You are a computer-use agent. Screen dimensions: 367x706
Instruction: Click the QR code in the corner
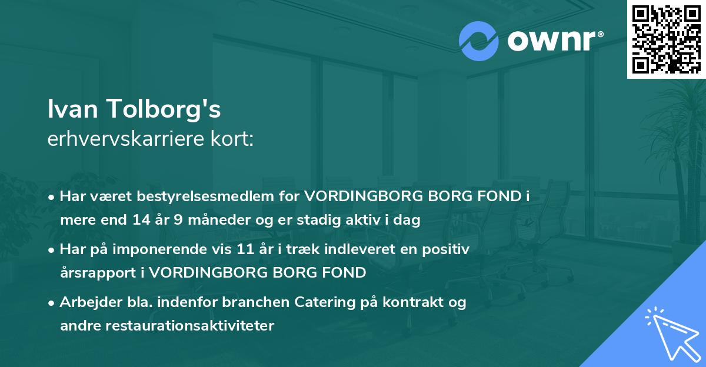(x=667, y=39)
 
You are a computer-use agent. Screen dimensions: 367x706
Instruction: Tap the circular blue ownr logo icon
(x=479, y=41)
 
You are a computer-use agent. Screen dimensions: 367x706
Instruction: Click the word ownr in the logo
(x=550, y=41)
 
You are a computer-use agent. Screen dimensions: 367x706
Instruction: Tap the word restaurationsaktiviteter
(x=188, y=325)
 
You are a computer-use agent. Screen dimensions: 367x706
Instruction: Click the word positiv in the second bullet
(x=449, y=249)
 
